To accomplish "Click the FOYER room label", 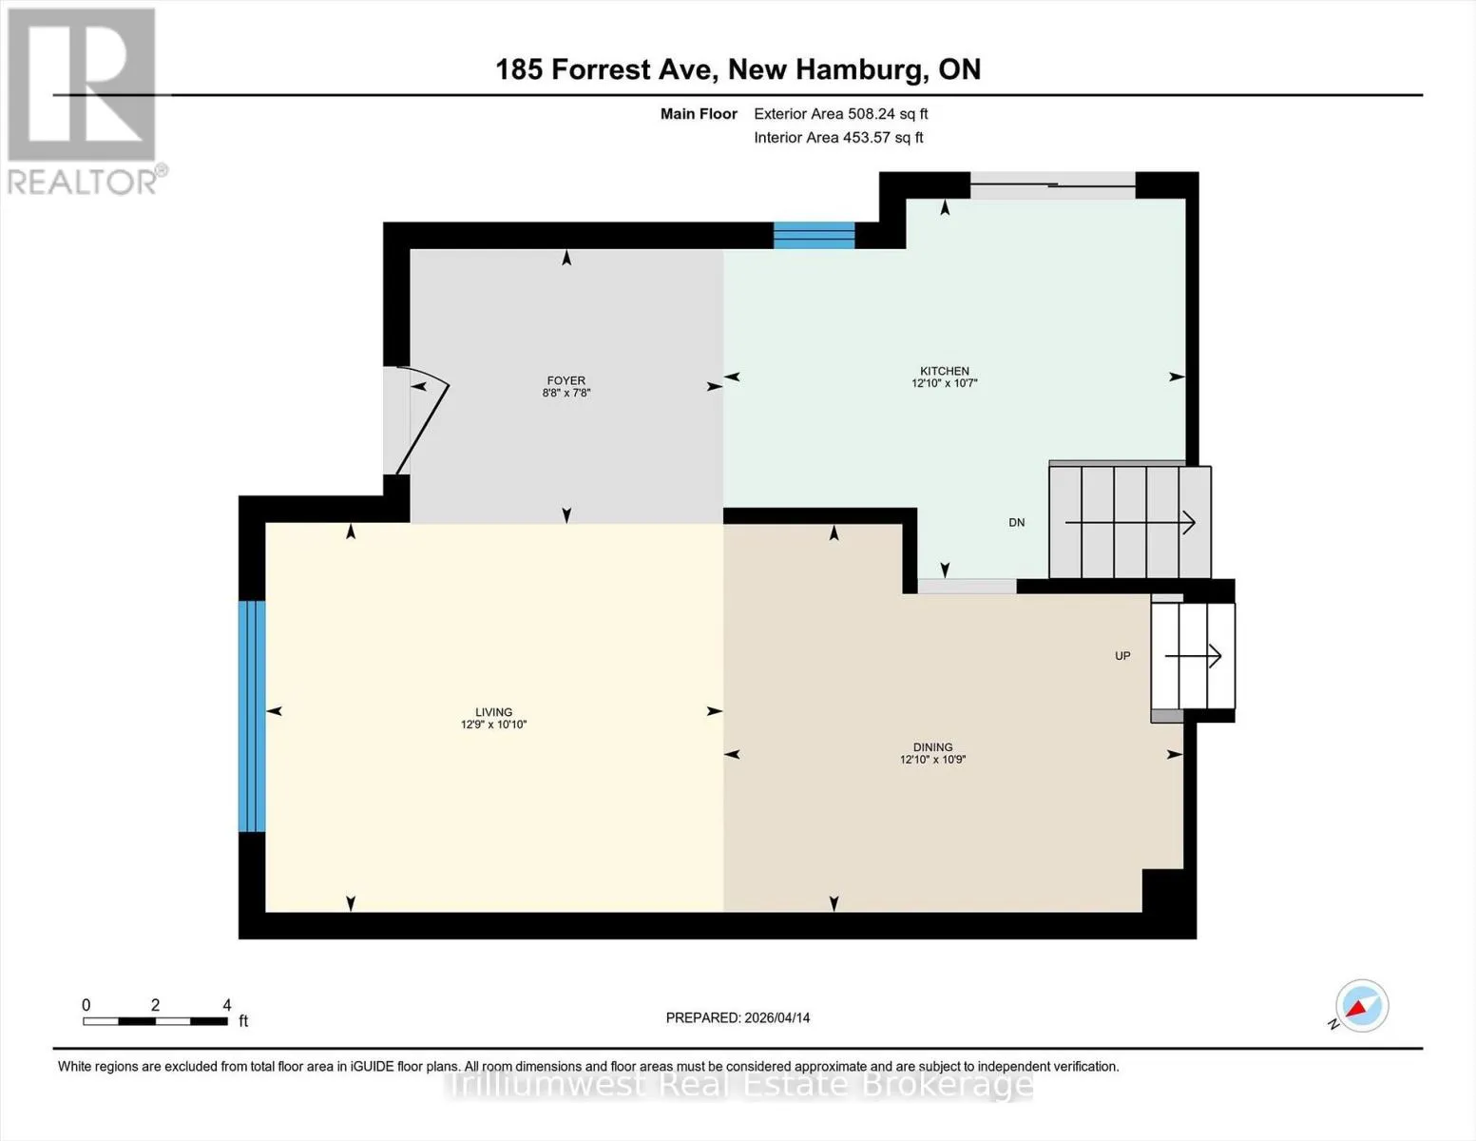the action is (x=565, y=380).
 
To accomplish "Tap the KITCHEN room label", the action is (x=944, y=371).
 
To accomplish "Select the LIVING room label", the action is (x=494, y=712).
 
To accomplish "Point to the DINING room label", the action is (x=932, y=746).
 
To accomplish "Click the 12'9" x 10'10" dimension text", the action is (x=494, y=725).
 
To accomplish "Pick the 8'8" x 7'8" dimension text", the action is (x=565, y=393).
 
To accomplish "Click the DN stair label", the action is (x=1016, y=523).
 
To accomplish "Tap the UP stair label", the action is (x=1122, y=656).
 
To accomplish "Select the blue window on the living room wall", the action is (x=251, y=716).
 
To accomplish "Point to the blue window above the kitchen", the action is (x=814, y=235).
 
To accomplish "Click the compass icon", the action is (x=1360, y=1006).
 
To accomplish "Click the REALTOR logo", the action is (x=85, y=102).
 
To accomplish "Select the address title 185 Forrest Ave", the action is (x=606, y=69).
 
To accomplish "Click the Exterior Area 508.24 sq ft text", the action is (x=841, y=114).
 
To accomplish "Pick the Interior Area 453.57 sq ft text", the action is (x=838, y=137).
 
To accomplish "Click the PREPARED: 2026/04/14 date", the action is (x=738, y=1018).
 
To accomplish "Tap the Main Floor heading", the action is (x=699, y=114).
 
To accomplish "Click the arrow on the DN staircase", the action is (x=1130, y=523).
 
